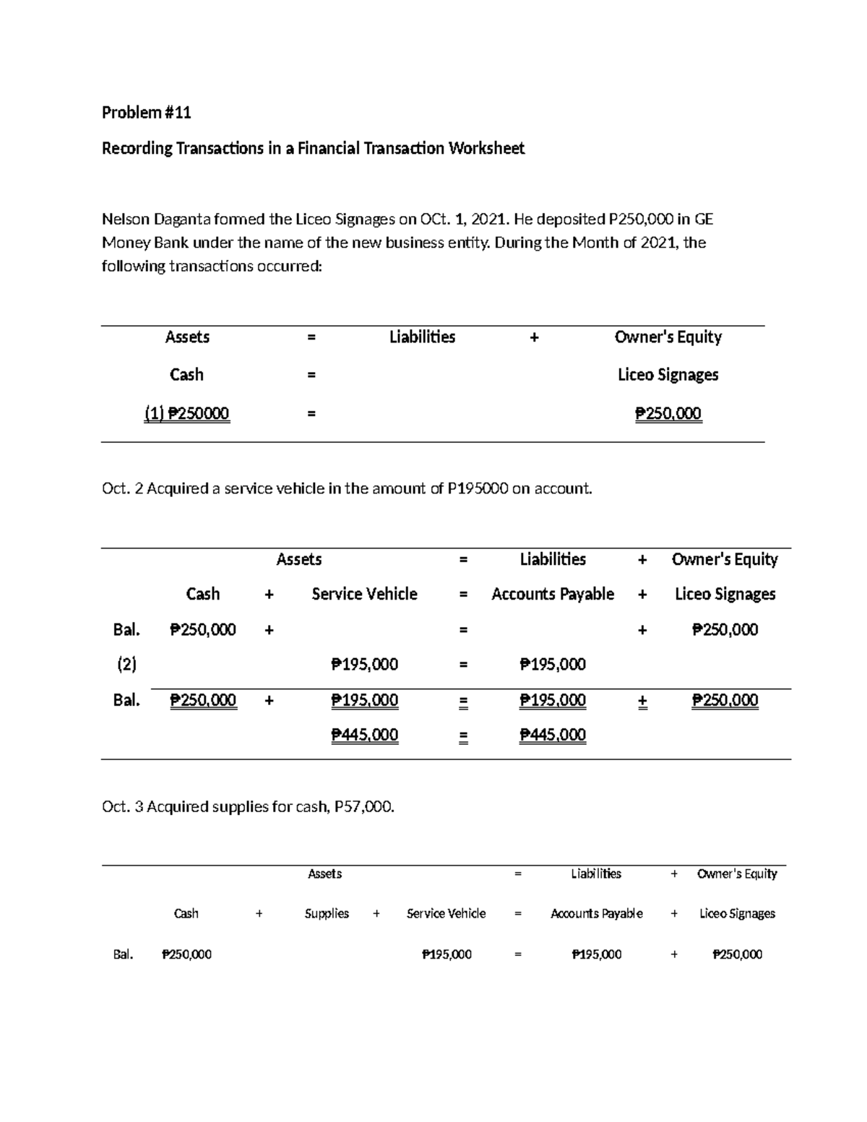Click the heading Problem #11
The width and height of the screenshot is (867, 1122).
[146, 113]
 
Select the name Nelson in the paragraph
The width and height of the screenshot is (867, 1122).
[124, 219]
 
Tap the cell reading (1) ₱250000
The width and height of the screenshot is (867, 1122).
[186, 413]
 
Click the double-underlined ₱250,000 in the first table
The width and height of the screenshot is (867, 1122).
[668, 413]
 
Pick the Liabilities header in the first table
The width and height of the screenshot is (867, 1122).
[422, 337]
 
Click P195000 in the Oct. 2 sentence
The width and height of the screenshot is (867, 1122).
[478, 489]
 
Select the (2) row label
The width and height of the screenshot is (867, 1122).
[126, 665]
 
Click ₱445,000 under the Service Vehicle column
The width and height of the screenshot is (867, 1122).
[364, 735]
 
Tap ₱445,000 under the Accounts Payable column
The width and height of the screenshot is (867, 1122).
[553, 735]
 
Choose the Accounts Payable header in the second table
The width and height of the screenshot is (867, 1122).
[553, 594]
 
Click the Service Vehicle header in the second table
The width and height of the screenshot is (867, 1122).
[364, 594]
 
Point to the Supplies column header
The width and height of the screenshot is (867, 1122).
[327, 914]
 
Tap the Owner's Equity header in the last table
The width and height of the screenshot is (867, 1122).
[737, 874]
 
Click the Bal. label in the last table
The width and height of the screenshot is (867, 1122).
[124, 954]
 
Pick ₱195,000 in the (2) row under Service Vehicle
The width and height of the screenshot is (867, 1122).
[364, 665]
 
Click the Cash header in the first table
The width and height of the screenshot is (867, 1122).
[186, 375]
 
